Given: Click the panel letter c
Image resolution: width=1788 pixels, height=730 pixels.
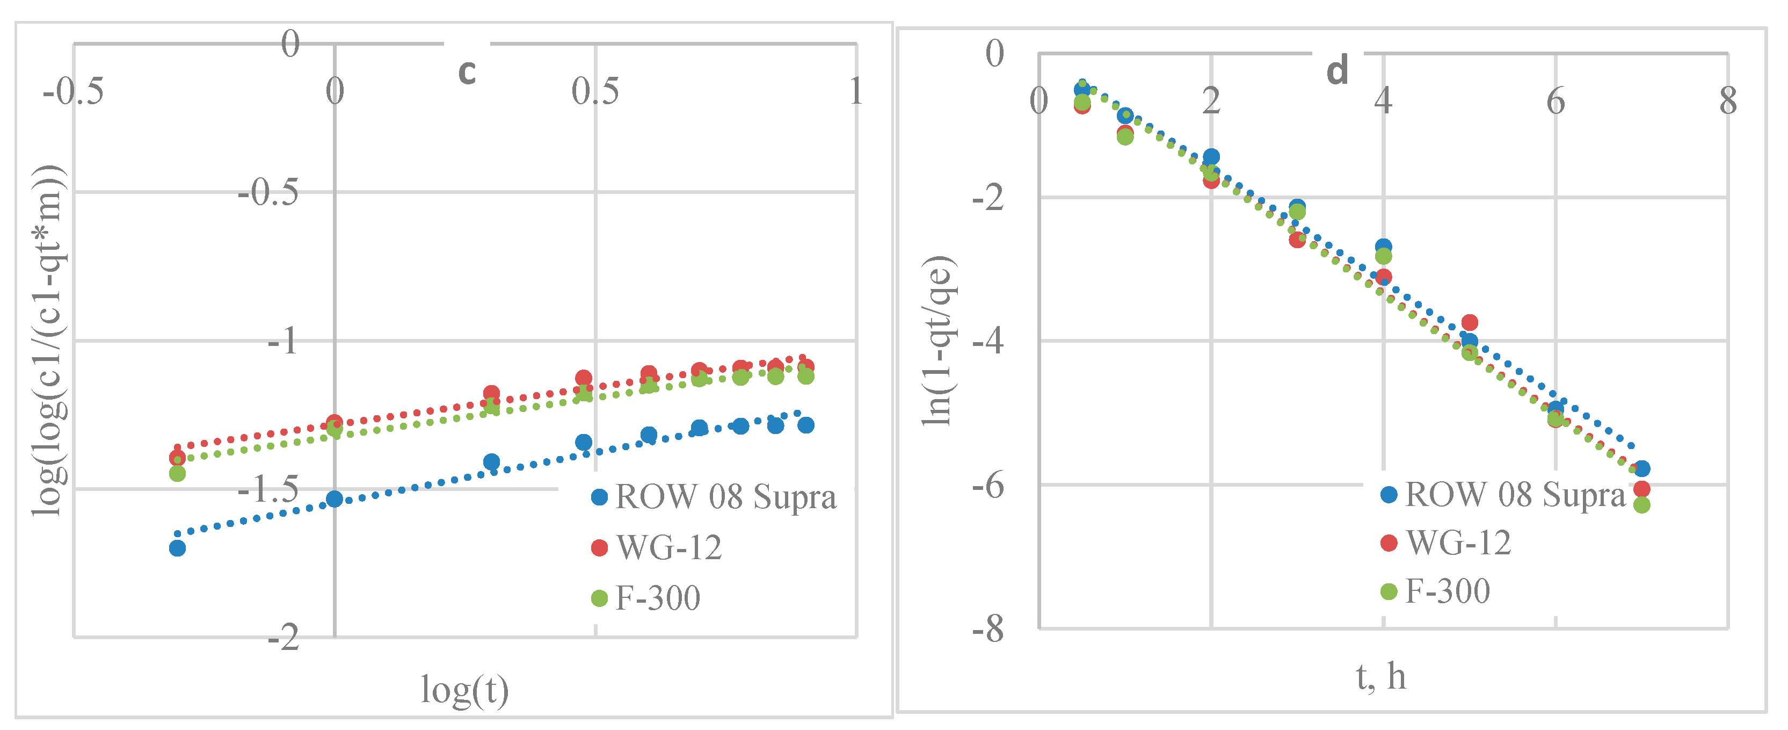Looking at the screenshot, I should point(467,71).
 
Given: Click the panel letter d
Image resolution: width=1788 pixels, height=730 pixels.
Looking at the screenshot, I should point(1337,71).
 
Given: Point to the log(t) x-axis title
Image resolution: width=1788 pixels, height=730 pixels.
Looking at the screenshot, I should point(464,690).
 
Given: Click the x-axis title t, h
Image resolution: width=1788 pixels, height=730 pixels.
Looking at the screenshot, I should point(1380,676).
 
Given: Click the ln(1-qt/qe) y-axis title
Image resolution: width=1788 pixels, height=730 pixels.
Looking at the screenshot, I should point(939,341).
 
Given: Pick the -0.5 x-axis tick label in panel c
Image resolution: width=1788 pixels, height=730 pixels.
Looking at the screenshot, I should point(73,92).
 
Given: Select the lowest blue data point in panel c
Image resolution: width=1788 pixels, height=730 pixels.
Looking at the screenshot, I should point(177,548).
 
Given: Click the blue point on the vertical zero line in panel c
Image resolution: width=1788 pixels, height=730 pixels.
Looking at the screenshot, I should point(335,498).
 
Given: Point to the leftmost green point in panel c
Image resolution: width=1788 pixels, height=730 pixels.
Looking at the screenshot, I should point(177,474).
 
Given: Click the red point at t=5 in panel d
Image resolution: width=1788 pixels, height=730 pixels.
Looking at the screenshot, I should point(1470,322).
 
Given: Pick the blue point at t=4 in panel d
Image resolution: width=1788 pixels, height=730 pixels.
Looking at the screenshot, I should point(1383,247).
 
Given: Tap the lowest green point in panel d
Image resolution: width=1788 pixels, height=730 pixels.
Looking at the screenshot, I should point(1641,505).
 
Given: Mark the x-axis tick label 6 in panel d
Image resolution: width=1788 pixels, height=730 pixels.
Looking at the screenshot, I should point(1556,102).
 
